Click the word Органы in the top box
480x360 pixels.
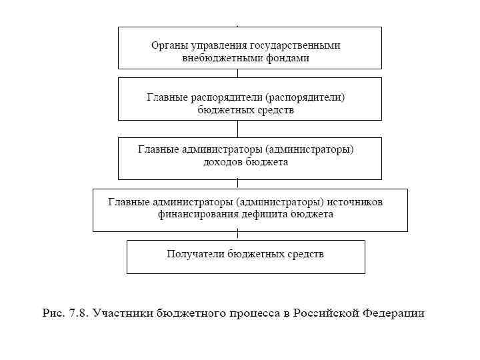pos(167,46)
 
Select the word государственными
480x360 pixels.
pos(295,46)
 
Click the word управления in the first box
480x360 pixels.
pos(217,46)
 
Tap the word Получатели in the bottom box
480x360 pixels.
pos(195,254)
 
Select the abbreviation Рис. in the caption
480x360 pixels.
pos(54,312)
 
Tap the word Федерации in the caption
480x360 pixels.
pos(393,312)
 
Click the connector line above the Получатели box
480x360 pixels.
pos(237,236)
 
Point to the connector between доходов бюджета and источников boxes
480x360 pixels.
pos(237,185)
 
